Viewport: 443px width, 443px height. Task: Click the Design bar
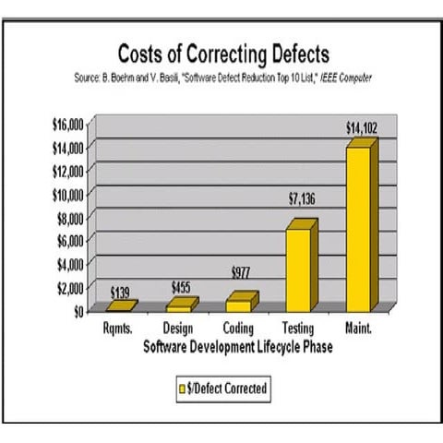tap(180, 305)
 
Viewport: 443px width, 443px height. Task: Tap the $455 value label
tap(182, 286)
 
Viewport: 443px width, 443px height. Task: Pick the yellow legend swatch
tap(182, 389)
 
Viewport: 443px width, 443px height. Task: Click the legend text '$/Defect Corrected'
tap(227, 389)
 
